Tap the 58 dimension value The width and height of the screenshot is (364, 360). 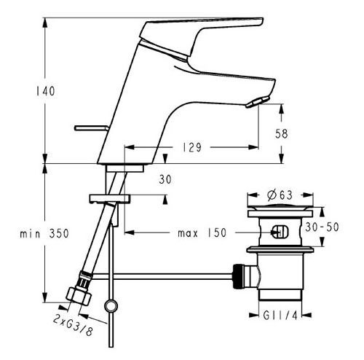290,133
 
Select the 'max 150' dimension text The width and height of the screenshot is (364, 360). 202,233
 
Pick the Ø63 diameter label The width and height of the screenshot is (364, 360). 280,195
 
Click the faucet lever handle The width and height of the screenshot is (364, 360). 211,33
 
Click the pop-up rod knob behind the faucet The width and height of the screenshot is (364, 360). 94,128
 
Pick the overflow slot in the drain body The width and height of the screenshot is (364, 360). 278,233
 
